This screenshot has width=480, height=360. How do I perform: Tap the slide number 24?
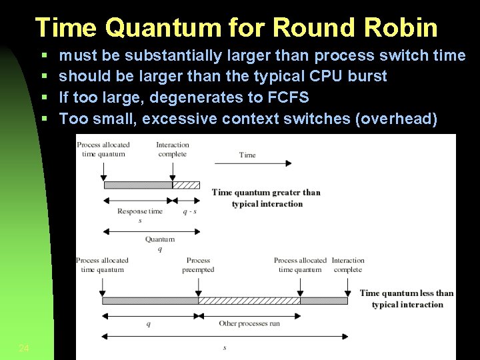[x=24, y=348]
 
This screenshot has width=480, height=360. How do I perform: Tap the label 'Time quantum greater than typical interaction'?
[x=266, y=198]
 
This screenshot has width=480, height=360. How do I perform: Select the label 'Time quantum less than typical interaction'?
[x=406, y=299]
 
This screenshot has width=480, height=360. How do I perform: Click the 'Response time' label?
[x=140, y=211]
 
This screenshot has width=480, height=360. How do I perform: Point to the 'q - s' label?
[x=190, y=211]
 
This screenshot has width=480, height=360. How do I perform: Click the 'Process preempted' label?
[x=198, y=265]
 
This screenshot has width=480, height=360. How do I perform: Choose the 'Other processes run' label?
[x=249, y=323]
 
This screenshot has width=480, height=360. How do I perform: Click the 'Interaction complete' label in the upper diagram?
[x=173, y=149]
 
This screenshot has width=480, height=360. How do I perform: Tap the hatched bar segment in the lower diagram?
[x=249, y=301]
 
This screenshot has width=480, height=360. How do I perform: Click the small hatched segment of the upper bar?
[x=186, y=185]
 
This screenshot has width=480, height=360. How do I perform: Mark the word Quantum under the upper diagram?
[x=160, y=239]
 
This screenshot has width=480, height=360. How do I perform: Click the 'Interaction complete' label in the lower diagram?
[x=348, y=265]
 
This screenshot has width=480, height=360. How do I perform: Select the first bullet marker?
[x=43, y=55]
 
